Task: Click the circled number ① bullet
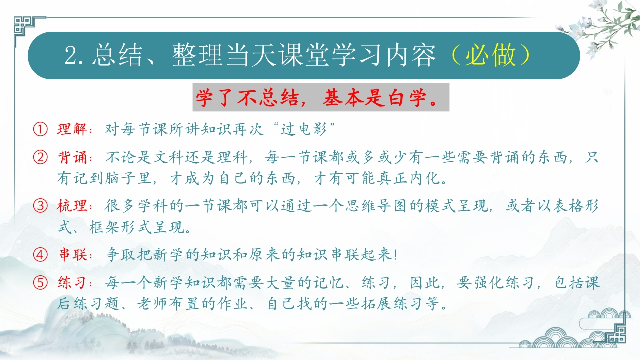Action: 40,129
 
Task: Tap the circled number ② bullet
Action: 40,157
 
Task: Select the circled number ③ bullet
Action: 40,206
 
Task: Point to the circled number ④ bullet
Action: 40,255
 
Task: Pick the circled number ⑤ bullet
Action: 40,283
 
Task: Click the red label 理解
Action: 72,129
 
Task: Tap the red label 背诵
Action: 72,157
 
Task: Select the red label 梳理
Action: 72,206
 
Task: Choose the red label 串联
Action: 73,255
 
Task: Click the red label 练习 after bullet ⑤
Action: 72,283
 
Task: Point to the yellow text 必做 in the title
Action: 490,55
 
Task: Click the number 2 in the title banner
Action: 71,55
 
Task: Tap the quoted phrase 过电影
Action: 303,129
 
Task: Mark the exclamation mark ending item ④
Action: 395,255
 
